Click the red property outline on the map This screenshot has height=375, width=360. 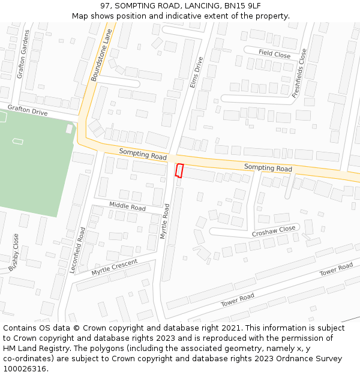tap(179, 170)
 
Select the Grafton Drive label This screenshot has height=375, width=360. tap(27, 110)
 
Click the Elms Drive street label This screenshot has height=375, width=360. tap(196, 73)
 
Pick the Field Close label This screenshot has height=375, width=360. tap(274, 54)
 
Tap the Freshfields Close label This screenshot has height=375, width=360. tap(299, 74)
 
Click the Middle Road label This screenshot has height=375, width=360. tap(127, 206)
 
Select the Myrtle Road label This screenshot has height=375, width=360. tap(165, 221)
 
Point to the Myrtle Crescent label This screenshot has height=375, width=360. tap(114, 268)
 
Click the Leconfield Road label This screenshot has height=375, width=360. tap(77, 250)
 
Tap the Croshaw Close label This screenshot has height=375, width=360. tap(274, 230)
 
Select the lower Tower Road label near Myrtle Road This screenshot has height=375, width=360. tap(238, 299)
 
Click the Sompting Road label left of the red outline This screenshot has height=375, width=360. tap(143, 154)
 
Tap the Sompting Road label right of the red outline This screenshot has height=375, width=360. tap(268, 168)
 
